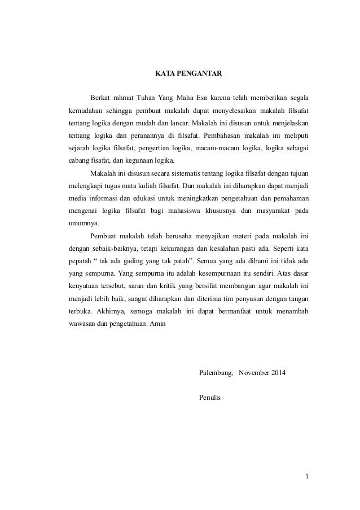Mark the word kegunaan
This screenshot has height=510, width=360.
coord(136,160)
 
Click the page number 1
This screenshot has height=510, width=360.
coord(306,477)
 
